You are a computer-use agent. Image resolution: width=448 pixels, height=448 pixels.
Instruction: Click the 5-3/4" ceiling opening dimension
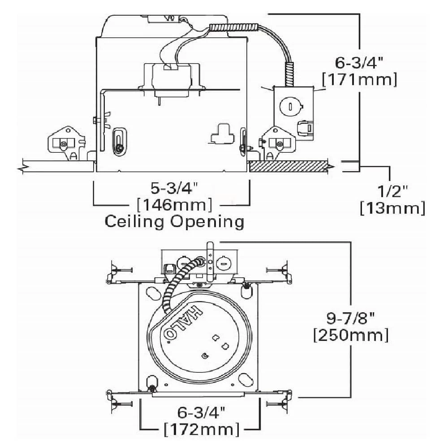click(x=174, y=188)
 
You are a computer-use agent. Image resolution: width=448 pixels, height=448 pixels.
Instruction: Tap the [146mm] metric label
click(x=174, y=204)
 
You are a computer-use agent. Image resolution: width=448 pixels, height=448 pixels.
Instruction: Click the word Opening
click(x=207, y=222)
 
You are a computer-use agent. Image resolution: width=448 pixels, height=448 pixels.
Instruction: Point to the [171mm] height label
click(x=359, y=79)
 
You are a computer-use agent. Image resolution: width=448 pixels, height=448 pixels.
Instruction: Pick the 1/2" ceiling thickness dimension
click(x=393, y=191)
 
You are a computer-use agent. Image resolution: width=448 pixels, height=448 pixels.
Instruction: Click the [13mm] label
click(x=392, y=208)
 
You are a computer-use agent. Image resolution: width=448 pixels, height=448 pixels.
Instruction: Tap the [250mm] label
click(x=351, y=335)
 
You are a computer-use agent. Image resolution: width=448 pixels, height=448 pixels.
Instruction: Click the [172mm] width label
click(x=202, y=429)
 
